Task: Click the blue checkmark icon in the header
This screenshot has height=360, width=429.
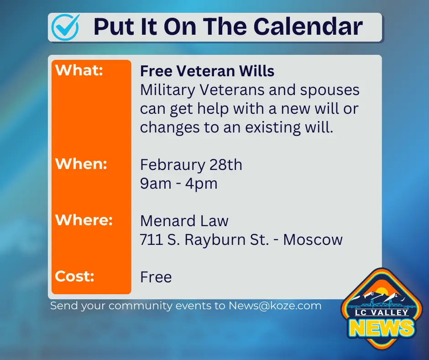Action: coord(65,27)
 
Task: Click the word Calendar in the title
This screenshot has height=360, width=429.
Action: coord(309,26)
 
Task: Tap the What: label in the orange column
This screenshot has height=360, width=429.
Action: coord(79,71)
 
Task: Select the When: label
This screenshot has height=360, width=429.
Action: coord(81,164)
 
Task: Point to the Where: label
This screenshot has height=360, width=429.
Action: coord(84,220)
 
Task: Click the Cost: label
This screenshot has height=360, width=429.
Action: coord(74,276)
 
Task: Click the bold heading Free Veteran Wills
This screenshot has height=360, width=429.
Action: coord(207,71)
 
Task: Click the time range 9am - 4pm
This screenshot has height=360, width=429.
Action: coord(178,184)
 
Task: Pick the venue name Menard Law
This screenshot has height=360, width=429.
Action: coord(184,221)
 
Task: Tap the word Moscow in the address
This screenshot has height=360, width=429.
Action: coord(313,240)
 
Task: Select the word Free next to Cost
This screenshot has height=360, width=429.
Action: coord(156,277)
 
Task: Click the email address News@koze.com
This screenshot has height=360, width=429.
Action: coord(275,306)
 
